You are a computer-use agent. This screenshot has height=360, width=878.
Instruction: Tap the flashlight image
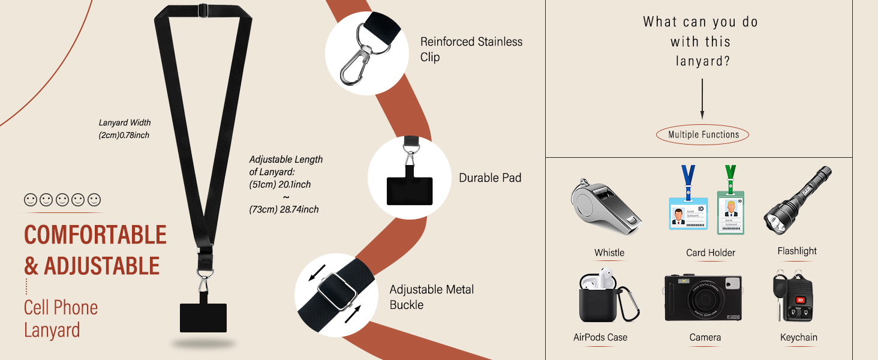click(x=797, y=200)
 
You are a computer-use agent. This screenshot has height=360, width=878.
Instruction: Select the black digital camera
click(x=703, y=298)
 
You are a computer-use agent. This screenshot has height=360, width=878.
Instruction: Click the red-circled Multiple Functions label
click(x=703, y=134)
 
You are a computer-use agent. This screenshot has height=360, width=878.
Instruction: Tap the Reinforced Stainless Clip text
click(x=471, y=49)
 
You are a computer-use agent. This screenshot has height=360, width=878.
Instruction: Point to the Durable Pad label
click(x=490, y=178)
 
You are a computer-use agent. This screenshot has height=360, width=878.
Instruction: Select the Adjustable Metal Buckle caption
click(x=431, y=297)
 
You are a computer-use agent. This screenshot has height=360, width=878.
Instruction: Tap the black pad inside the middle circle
click(x=409, y=191)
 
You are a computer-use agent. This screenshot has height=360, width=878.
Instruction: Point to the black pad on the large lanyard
click(x=203, y=317)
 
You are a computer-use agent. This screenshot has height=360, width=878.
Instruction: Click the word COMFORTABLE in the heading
click(x=95, y=235)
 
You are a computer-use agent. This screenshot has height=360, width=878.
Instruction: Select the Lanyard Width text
click(x=125, y=122)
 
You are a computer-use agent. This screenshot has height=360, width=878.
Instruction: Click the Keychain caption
click(x=798, y=337)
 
